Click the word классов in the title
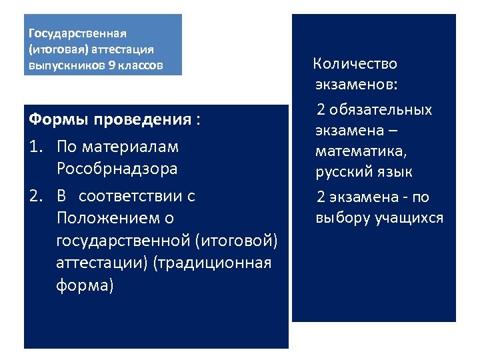(134, 66)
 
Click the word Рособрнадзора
(117, 169)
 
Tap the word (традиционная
(211, 263)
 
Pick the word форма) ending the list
(85, 285)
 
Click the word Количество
(355, 64)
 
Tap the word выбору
(341, 219)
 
